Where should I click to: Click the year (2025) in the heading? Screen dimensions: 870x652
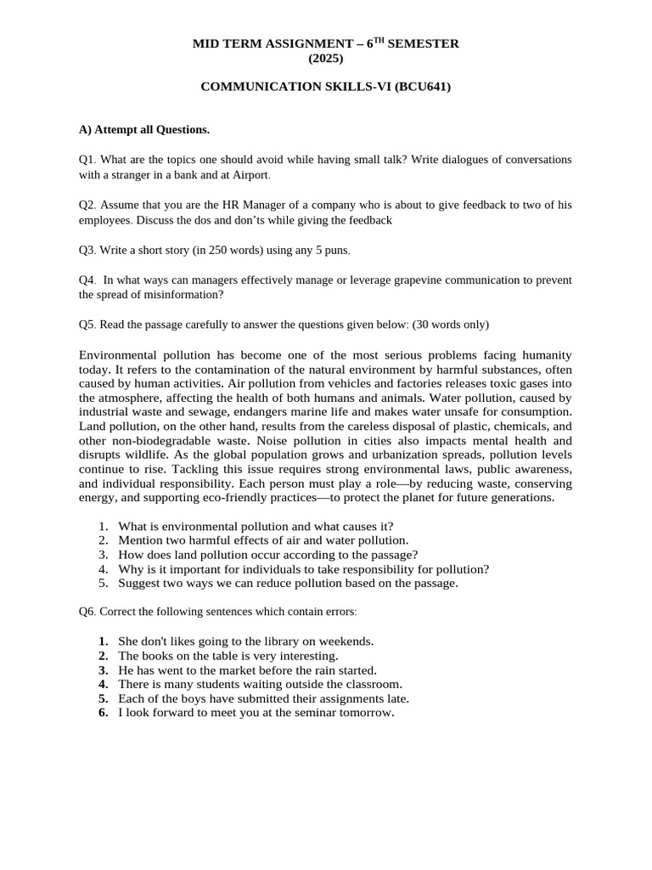pyautogui.click(x=327, y=58)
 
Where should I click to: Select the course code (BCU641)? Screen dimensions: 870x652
pyautogui.click(x=419, y=87)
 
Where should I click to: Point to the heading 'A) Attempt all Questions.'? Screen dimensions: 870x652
pyautogui.click(x=144, y=130)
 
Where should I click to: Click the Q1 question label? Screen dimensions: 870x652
pyautogui.click(x=87, y=160)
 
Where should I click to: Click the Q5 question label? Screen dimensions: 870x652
pyautogui.click(x=87, y=325)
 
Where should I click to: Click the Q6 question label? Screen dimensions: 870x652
pyautogui.click(x=87, y=612)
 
